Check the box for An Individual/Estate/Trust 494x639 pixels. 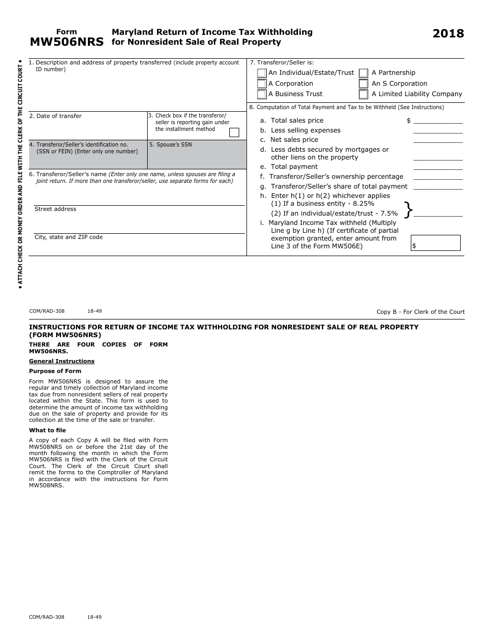pyautogui.click(x=262, y=73)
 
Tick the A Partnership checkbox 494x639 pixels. pyautogui.click(x=363, y=73)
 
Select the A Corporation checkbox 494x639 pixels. pyautogui.click(x=262, y=84)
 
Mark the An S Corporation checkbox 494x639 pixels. pyautogui.click(x=363, y=84)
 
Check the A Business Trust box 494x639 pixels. pyautogui.click(x=262, y=95)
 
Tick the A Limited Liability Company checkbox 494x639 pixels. pyautogui.click(x=363, y=95)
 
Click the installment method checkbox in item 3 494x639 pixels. pyautogui.click(x=234, y=132)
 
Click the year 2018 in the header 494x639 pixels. pyautogui.click(x=448, y=34)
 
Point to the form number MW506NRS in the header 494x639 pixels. pyautogui.click(x=66, y=42)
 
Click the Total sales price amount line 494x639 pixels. pyautogui.click(x=437, y=121)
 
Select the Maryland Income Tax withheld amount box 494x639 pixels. pyautogui.click(x=436, y=243)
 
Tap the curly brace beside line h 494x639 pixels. pyautogui.click(x=408, y=209)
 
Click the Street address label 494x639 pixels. pyautogui.click(x=55, y=209)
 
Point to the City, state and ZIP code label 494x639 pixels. pyautogui.click(x=68, y=237)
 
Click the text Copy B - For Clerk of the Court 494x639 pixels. pyautogui.click(x=420, y=312)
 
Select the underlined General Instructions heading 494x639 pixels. pyautogui.click(x=61, y=362)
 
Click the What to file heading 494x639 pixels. pyautogui.click(x=47, y=431)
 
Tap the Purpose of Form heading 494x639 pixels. pyautogui.click(x=55, y=371)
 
